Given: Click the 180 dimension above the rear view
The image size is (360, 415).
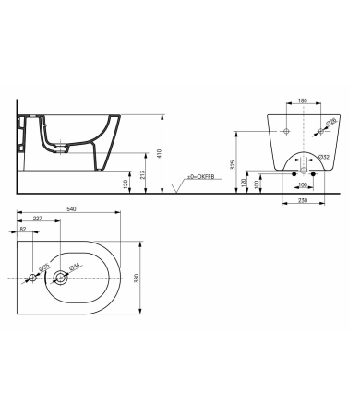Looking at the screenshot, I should (302, 102).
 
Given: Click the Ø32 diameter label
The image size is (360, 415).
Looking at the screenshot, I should (324, 158).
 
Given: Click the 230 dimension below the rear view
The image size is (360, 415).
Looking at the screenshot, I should (302, 202).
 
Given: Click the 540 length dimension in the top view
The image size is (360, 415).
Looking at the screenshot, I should (71, 209).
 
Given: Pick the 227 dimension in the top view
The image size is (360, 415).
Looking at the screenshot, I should (38, 219).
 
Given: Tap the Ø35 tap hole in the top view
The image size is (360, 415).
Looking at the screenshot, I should (33, 277).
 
